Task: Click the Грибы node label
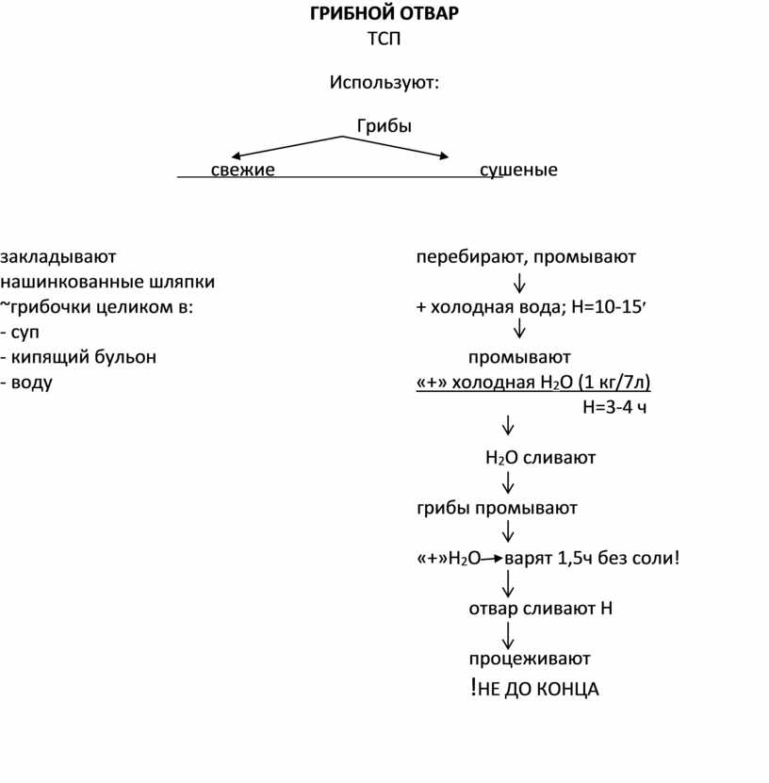(x=384, y=125)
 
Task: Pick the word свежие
(x=242, y=171)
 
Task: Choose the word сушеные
(x=518, y=171)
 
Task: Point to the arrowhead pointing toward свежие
(x=237, y=156)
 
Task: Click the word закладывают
(x=58, y=256)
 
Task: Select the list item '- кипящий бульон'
(x=78, y=358)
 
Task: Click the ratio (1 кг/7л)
(x=614, y=383)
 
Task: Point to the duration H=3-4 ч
(x=614, y=408)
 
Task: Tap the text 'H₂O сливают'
(x=540, y=459)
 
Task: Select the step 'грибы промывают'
(x=496, y=509)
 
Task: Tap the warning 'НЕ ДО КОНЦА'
(x=538, y=690)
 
